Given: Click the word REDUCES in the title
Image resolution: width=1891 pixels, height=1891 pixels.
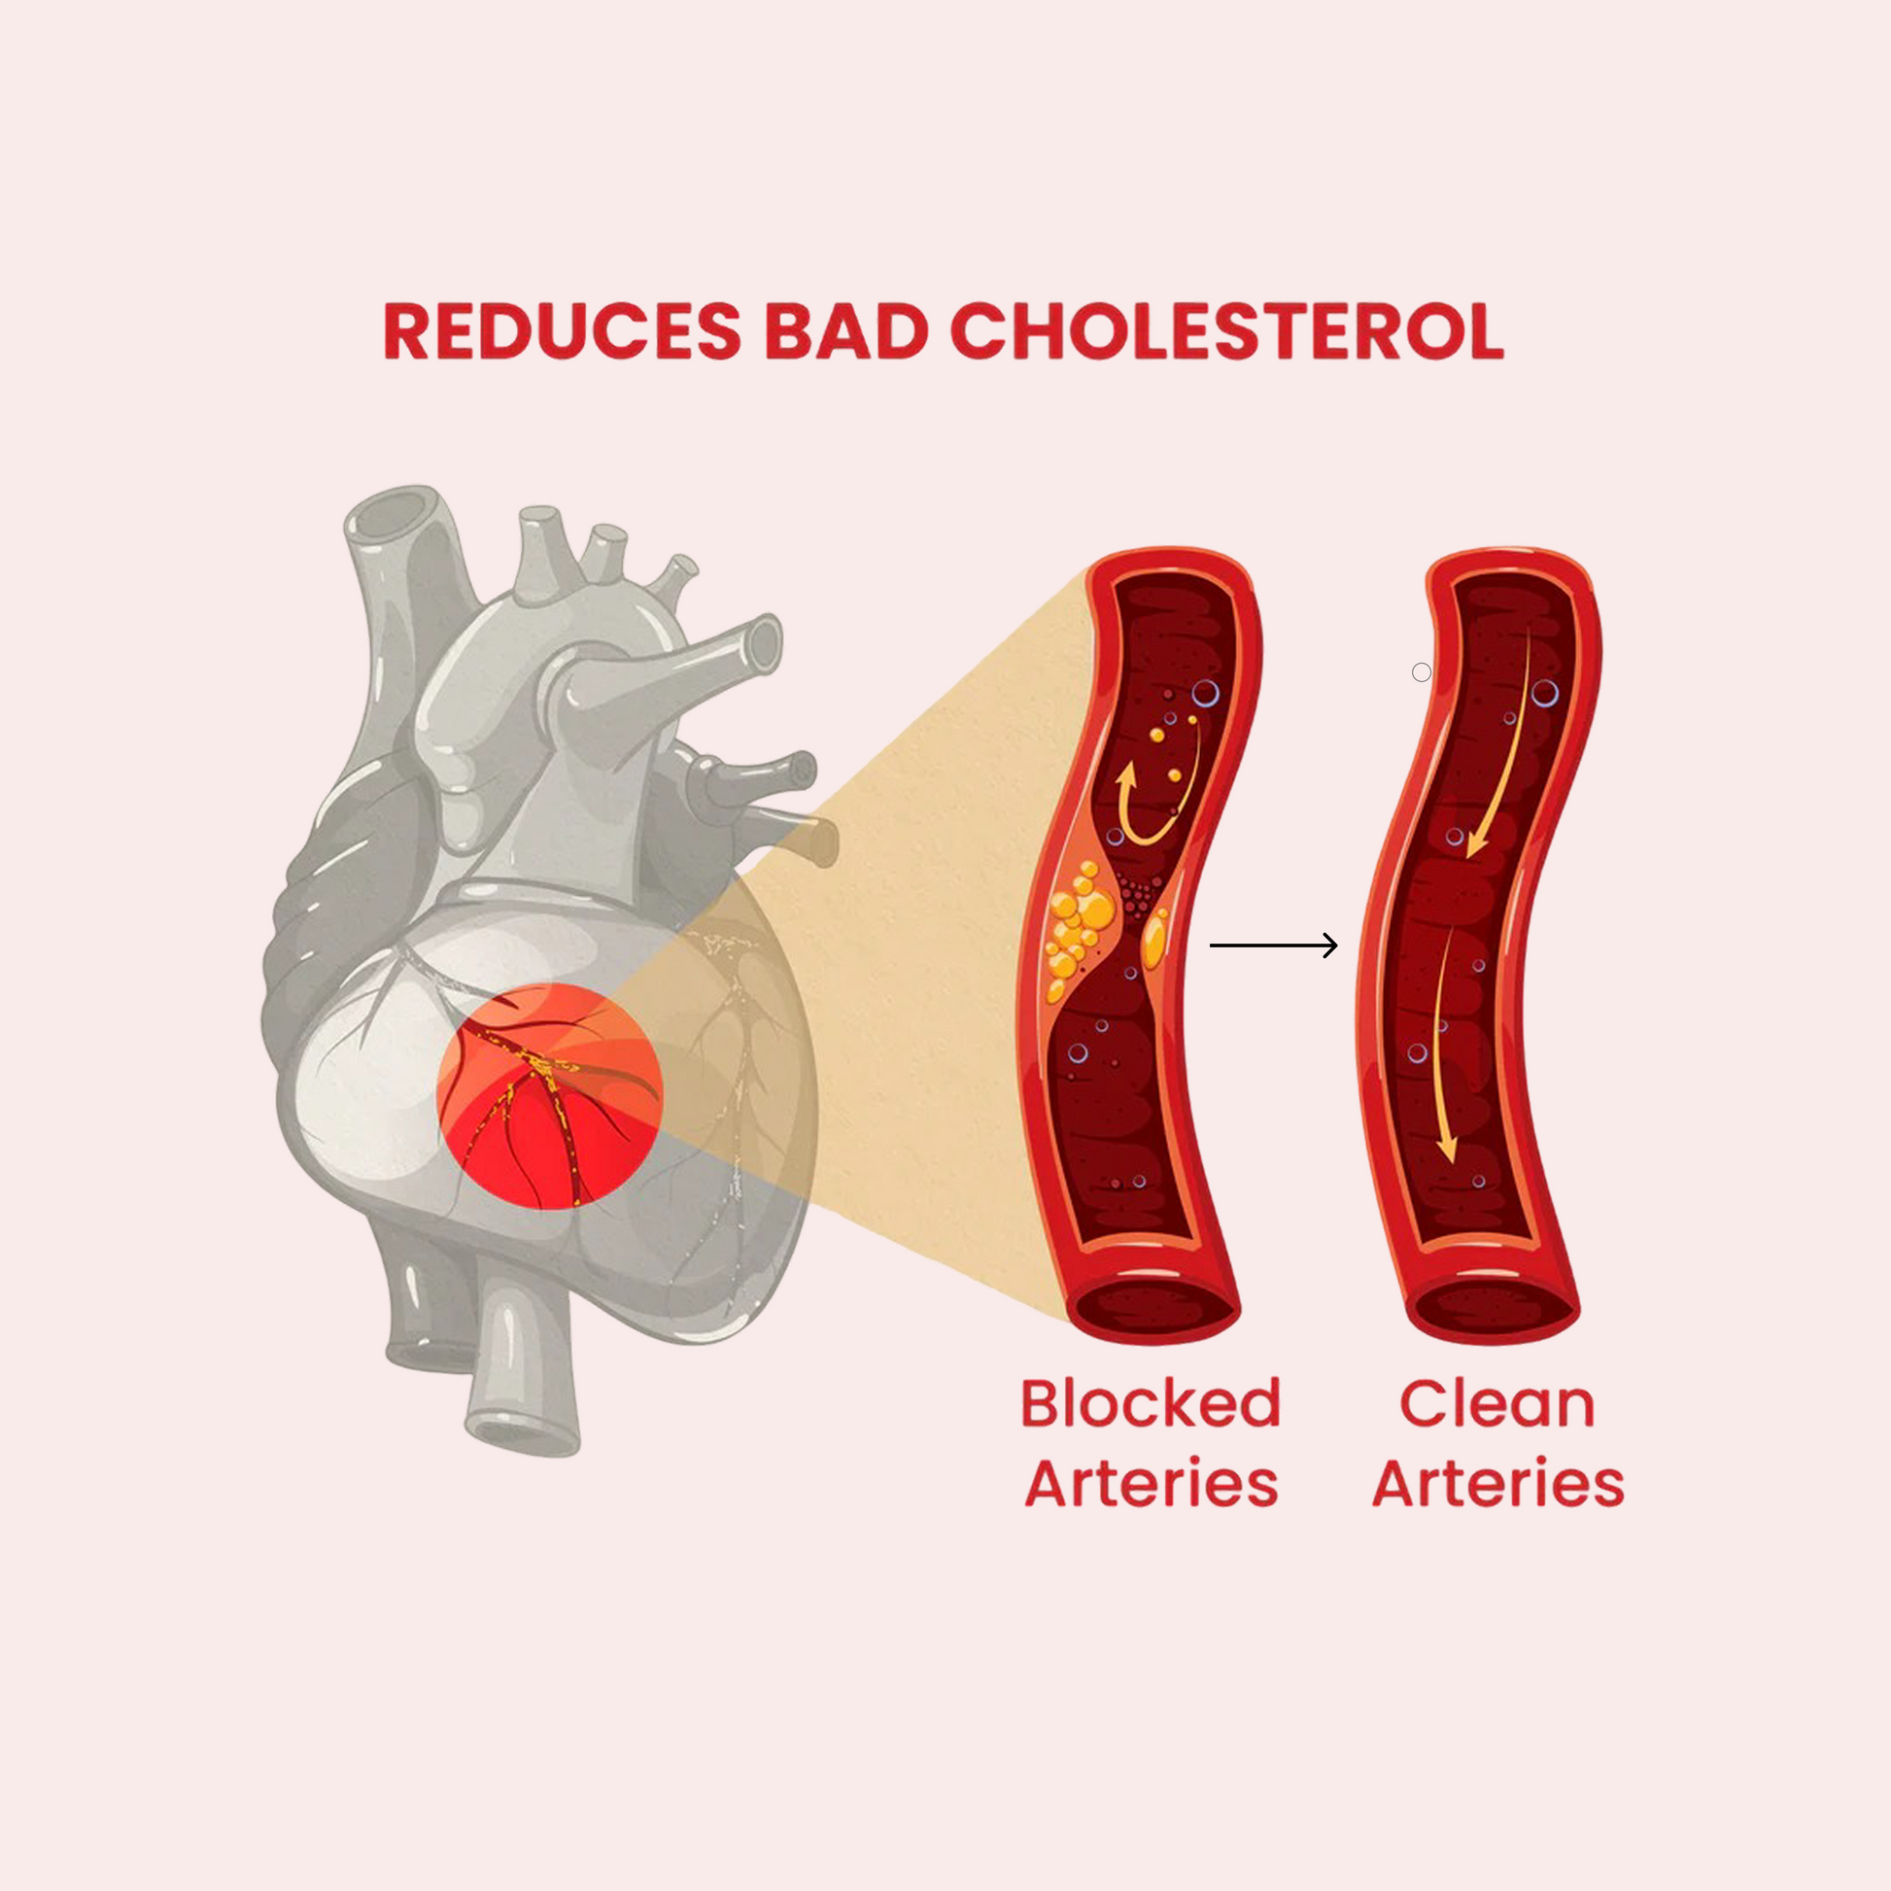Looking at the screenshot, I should [x=562, y=330].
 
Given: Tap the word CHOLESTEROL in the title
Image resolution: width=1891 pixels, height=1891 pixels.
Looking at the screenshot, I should [x=1226, y=330].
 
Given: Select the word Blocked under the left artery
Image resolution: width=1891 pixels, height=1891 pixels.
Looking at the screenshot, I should [x=1151, y=1403].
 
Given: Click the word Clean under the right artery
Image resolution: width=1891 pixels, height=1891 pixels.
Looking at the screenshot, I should [x=1497, y=1403].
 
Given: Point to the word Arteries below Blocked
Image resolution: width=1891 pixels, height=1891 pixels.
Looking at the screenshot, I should [x=1152, y=1484].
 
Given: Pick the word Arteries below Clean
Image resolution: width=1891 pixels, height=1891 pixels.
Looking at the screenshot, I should [x=1498, y=1484].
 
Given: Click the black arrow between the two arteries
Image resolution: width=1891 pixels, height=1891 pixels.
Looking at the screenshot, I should [x=1272, y=945].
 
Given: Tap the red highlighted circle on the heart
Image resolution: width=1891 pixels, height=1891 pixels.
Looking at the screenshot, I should [x=550, y=1096].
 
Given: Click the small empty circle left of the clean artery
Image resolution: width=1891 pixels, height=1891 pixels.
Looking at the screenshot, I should [x=1422, y=672].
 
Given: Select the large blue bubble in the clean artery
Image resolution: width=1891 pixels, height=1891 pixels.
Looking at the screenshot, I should [x=1544, y=694].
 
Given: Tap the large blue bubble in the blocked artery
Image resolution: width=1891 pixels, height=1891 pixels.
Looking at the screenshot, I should [x=1205, y=694].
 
